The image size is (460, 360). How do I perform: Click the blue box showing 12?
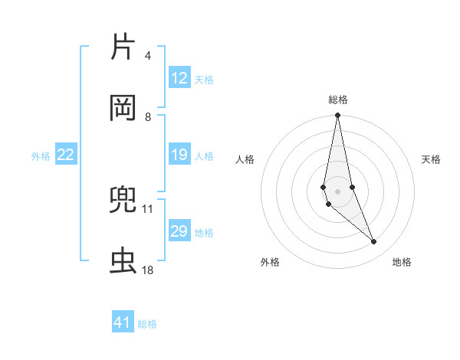[179, 78]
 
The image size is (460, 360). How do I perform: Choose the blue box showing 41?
[123, 322]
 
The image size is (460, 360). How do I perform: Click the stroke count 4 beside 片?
[147, 56]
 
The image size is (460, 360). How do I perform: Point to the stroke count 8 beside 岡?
[147, 116]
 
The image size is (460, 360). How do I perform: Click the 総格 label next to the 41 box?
[147, 324]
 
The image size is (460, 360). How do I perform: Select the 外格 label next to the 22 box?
[41, 156]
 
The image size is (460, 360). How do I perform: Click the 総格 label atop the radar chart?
[338, 100]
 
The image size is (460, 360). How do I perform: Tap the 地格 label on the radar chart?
[402, 262]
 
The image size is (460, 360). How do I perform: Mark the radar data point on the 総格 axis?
[337, 116]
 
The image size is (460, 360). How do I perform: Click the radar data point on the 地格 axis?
[374, 242]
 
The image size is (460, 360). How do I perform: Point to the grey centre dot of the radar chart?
[337, 191]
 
